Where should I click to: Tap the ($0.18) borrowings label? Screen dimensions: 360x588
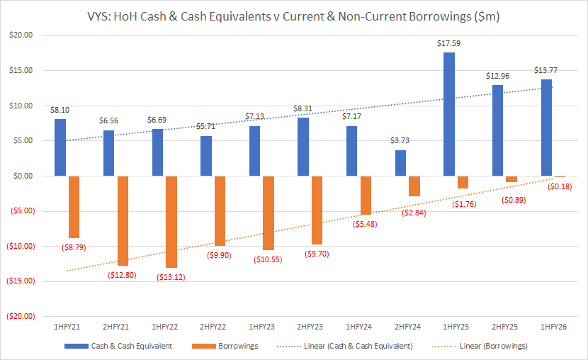coord(560,187)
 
